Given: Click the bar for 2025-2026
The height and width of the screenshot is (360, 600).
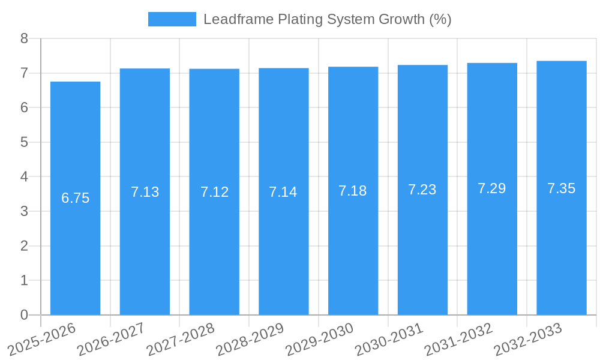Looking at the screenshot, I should point(75,198).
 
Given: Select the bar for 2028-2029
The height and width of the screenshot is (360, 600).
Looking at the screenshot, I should point(283,191).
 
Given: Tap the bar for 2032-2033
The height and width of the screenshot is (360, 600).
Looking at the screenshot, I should point(561,188).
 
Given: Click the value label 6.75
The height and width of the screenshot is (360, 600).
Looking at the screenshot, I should point(75,198).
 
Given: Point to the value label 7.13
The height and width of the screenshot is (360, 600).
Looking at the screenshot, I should point(145,192).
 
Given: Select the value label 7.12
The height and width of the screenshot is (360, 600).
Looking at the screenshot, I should point(214,192).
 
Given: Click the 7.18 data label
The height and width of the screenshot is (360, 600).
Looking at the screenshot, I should point(353,191).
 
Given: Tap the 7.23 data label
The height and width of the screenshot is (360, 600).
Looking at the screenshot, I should point(422,190).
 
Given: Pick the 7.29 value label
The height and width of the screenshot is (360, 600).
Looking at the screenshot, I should point(491,188).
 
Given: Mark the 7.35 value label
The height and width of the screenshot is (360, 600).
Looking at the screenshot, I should point(561,188).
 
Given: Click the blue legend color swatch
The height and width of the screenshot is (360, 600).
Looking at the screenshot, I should point(172,19).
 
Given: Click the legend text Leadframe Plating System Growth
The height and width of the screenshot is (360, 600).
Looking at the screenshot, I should point(327,19).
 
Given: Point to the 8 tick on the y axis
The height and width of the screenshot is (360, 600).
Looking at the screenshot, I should point(24,38).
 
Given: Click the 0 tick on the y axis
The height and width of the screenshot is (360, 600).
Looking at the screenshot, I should point(24,315).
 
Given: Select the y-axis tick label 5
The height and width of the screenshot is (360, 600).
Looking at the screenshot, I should point(24,142).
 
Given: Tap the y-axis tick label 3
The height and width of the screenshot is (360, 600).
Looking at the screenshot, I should point(24,211).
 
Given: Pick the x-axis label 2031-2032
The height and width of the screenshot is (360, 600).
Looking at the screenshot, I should point(459,339).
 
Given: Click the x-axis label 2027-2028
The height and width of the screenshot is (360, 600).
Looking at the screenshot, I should point(181,339).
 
